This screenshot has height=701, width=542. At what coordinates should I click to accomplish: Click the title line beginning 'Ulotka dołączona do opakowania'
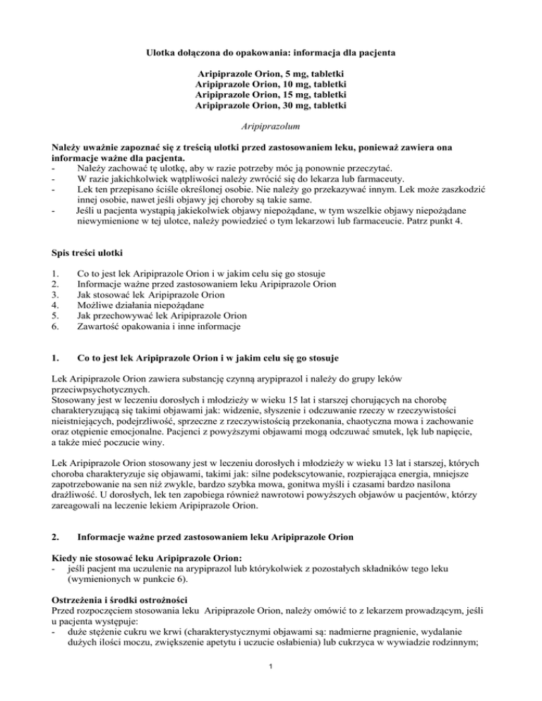(x=271, y=51)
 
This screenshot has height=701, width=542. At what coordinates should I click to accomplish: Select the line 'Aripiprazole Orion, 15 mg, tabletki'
(x=271, y=95)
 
